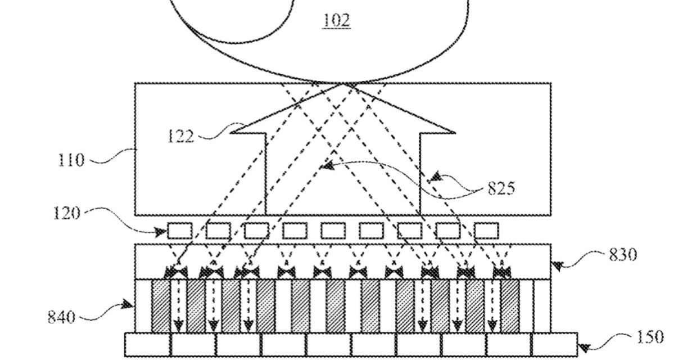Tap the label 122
pos(180,137)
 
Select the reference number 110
pos(70,160)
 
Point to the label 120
pos(66,213)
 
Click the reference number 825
pos(501,188)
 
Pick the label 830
pos(623,255)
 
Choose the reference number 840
pos(61,317)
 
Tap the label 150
pos(650,338)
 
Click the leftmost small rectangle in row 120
pos(180,231)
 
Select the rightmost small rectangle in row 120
pos(486,231)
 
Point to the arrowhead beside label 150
pos(585,348)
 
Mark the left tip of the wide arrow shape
pos(232,133)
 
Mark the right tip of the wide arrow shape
pos(455,133)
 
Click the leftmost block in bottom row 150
pos(147,345)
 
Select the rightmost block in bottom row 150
pos(554,345)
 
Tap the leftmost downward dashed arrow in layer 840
pos(178,307)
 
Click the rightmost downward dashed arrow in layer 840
pos(492,307)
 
